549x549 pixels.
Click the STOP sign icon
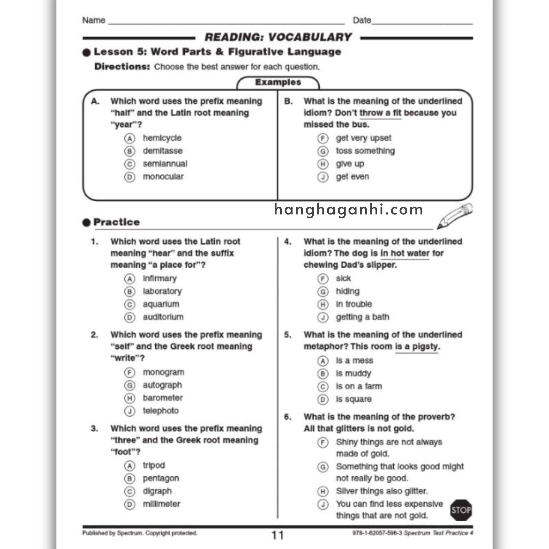point(461,510)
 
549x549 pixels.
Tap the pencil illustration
point(454,216)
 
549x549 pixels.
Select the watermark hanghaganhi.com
point(348,210)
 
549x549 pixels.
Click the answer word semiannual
point(165,164)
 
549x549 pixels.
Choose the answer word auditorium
point(163,317)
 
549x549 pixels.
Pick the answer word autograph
point(162,385)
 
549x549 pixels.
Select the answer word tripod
point(154,465)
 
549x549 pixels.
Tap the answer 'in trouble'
point(354,304)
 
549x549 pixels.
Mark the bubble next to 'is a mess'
point(323,361)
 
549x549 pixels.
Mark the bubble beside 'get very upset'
point(323,138)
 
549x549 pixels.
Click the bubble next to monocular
point(129,177)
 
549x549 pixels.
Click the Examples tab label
point(278,82)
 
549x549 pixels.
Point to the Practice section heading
point(117,222)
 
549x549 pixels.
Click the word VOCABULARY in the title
point(310,37)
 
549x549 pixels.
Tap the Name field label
point(94,20)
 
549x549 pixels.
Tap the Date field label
point(361,20)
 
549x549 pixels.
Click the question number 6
point(288,417)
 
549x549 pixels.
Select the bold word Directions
point(122,67)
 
